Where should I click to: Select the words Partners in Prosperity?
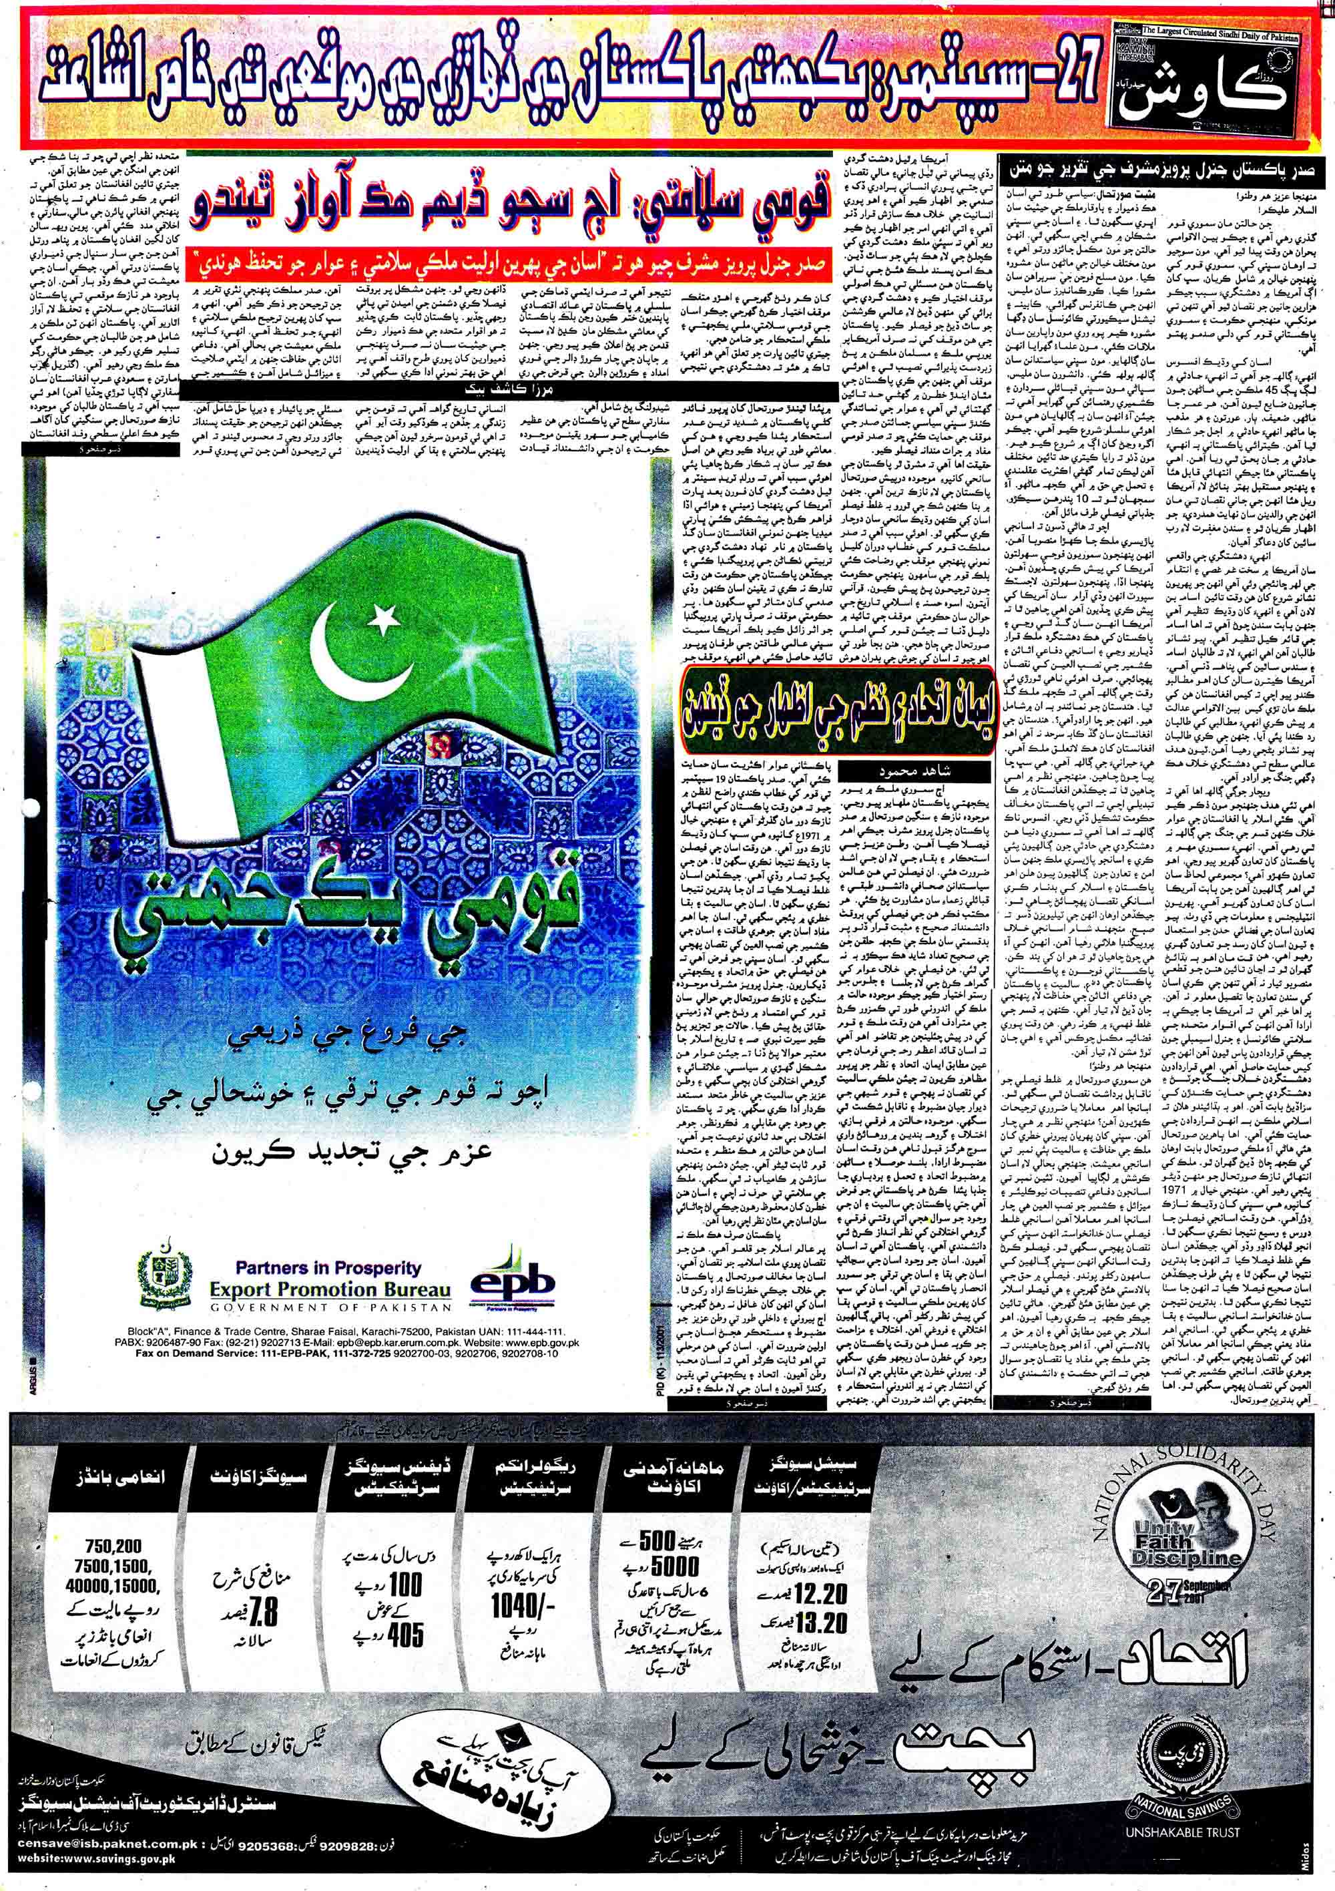click(328, 1269)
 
